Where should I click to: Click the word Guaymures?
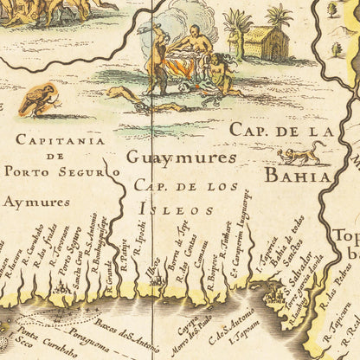(181, 157)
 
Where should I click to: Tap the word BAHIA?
(297, 177)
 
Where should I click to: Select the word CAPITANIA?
(60, 139)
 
